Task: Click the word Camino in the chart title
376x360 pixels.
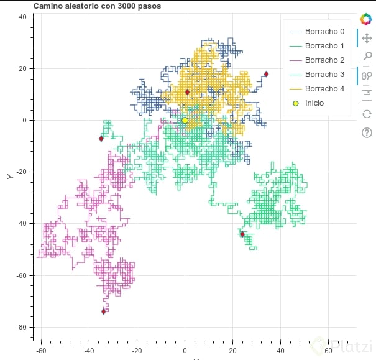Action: pyautogui.click(x=48, y=6)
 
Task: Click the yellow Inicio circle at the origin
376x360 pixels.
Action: pyautogui.click(x=185, y=121)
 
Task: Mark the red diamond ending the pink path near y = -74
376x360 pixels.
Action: pyautogui.click(x=104, y=312)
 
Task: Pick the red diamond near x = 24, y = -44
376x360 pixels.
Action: pyautogui.click(x=242, y=234)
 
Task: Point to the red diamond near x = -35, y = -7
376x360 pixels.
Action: pyautogui.click(x=101, y=139)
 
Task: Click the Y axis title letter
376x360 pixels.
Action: pyautogui.click(x=10, y=177)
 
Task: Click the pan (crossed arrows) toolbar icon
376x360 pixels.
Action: pyautogui.click(x=367, y=38)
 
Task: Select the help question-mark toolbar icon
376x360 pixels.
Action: pyautogui.click(x=367, y=132)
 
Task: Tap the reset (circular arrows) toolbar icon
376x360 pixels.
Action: pyautogui.click(x=367, y=114)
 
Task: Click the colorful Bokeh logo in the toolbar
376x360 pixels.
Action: pyautogui.click(x=367, y=19)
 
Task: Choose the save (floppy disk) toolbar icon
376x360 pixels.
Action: pyautogui.click(x=367, y=95)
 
